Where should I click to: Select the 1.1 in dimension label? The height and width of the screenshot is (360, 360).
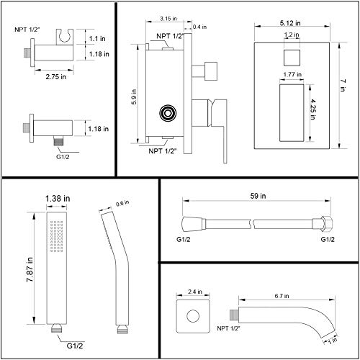point(99,40)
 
